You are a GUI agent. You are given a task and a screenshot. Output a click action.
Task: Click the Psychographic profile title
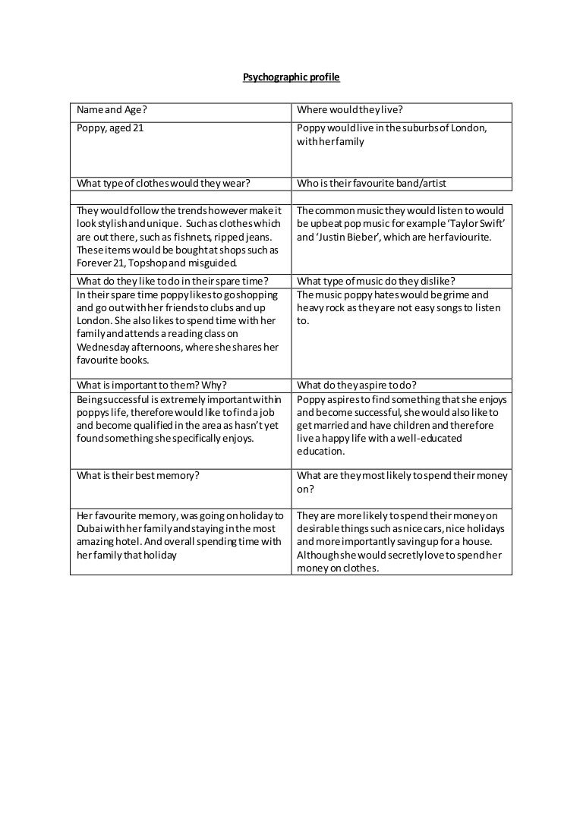pyautogui.click(x=291, y=77)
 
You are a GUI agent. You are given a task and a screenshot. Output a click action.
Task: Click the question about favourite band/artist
pyautogui.click(x=372, y=183)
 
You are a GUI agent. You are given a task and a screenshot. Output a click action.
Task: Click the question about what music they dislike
pyautogui.click(x=376, y=281)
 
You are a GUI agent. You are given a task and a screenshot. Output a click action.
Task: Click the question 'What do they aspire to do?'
pyautogui.click(x=357, y=384)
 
